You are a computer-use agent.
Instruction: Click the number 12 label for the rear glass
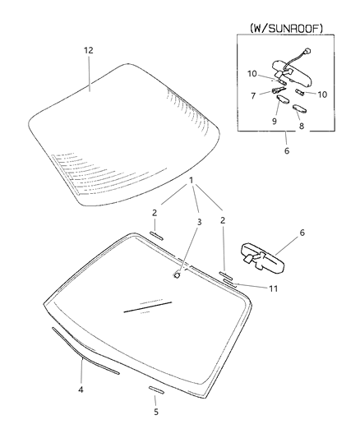coord(89,51)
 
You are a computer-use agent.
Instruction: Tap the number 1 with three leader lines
coord(191,181)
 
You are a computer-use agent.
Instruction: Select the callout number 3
coord(199,222)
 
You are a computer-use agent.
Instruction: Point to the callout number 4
coord(81,390)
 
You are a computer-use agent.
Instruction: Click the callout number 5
coord(156,412)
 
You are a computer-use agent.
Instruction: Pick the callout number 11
coord(274,288)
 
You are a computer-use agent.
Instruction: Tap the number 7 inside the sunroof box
coord(253,96)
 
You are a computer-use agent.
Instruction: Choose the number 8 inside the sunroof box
coord(302,126)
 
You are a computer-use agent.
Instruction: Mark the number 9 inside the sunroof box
coord(275,122)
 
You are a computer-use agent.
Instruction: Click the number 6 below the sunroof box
coord(287,151)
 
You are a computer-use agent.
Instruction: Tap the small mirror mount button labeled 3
coord(177,274)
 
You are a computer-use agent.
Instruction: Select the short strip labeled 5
coord(156,390)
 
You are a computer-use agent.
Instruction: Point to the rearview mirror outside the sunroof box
coord(262,257)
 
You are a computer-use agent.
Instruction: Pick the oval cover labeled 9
coord(283,99)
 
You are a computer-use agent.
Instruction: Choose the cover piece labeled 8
coord(300,108)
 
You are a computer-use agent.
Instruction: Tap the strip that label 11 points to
coord(229,283)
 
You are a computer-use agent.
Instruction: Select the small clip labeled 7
coord(278,90)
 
